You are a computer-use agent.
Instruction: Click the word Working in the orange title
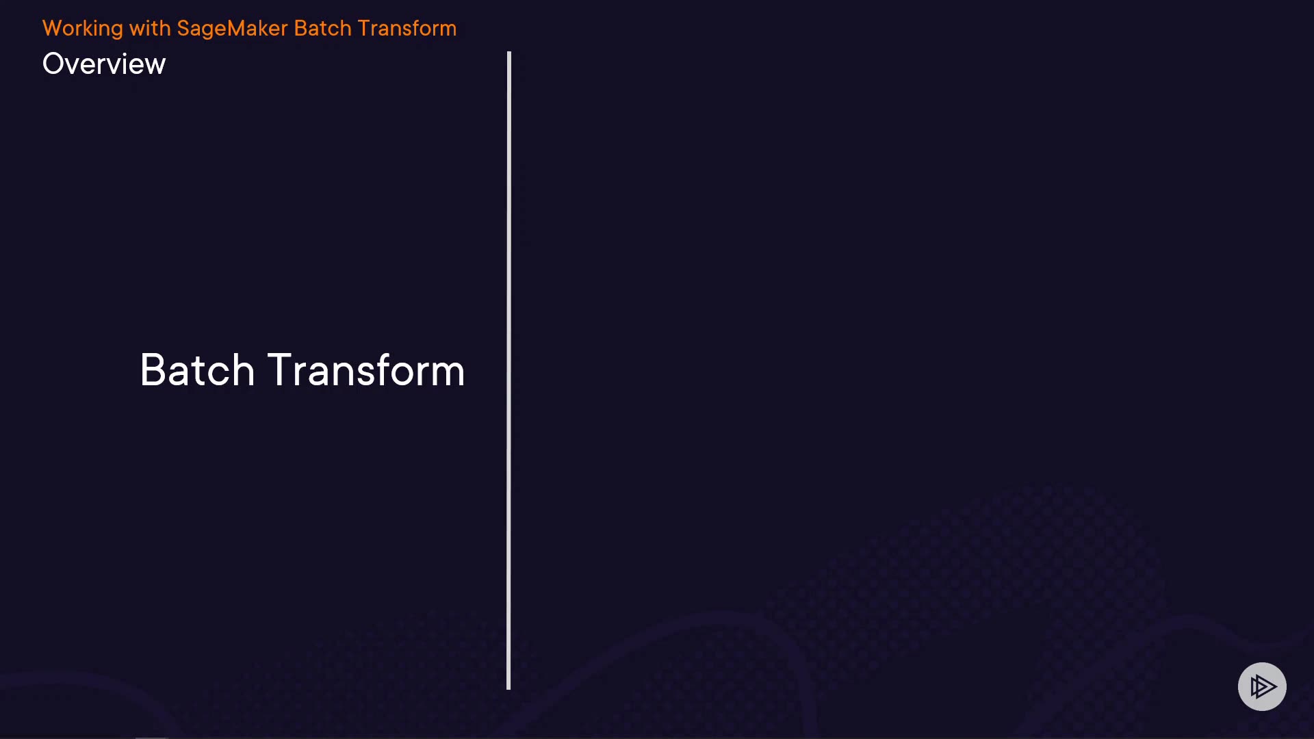pos(83,29)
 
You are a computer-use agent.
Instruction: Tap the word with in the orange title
pos(150,28)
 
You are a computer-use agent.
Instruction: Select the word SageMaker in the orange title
pos(232,29)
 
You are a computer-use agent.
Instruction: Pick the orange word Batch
pos(322,28)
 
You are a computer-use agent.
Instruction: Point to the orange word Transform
pos(407,28)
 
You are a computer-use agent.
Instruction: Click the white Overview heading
pos(104,64)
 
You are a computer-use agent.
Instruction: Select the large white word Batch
pos(197,370)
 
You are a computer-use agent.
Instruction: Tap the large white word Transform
pos(365,370)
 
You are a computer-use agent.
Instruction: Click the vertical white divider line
pos(508,370)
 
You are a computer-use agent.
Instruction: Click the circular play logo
pos(1262,686)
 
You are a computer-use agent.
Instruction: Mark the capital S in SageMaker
pos(183,28)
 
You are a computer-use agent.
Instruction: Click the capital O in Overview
pos(53,64)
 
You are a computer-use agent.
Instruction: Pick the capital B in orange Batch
pos(300,28)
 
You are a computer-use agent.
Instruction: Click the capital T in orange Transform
pos(363,28)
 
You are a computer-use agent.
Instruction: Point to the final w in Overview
pos(155,66)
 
